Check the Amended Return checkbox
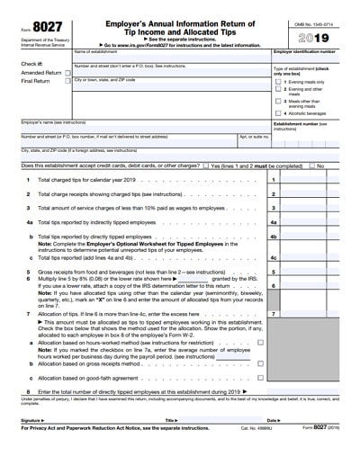pos(67,72)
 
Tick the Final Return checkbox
pos(67,80)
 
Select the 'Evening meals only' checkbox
pos(277,81)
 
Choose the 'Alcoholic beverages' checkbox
pos(277,113)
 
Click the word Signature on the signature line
pos(31,420)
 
